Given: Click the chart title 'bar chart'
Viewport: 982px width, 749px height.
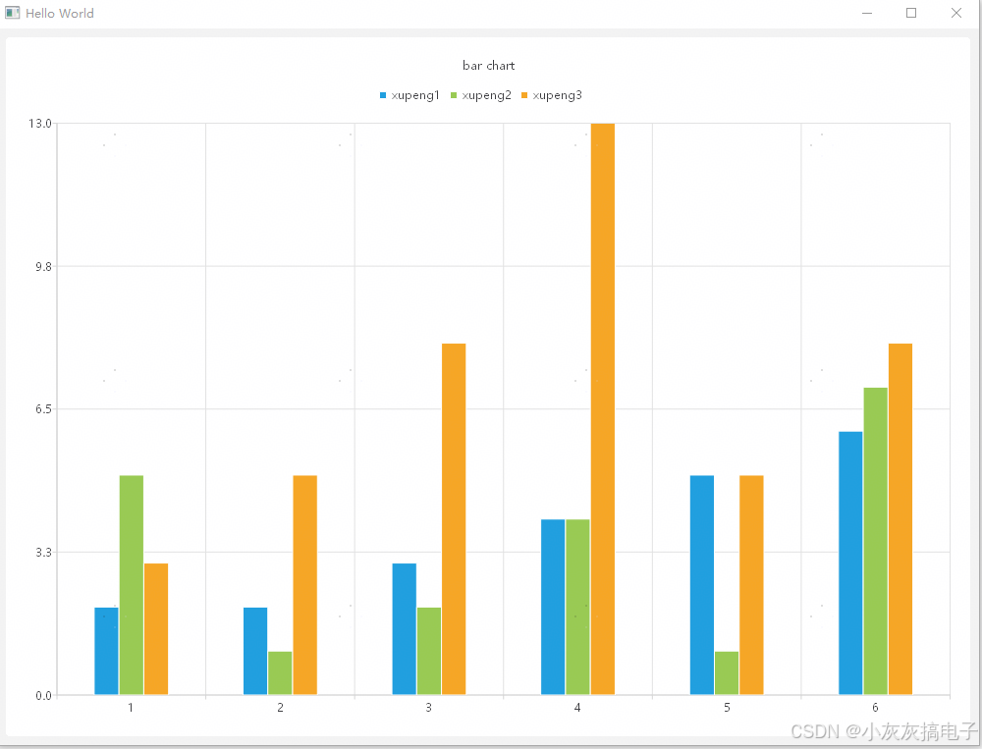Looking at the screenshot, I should click(488, 66).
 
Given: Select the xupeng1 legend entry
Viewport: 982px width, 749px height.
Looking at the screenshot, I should click(409, 95).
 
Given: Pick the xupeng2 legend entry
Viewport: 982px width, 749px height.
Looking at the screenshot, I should click(481, 95).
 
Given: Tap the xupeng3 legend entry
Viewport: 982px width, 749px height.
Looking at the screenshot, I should click(552, 95).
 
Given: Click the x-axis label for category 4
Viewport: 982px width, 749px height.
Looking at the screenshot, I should click(577, 708).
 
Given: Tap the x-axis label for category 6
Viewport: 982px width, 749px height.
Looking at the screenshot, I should click(875, 708).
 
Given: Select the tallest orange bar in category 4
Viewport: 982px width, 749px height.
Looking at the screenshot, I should click(603, 408).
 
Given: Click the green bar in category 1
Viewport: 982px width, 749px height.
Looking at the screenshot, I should click(132, 585).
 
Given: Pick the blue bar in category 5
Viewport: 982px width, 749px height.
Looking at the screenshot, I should click(702, 585).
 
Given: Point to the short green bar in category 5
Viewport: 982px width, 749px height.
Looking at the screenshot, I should click(727, 673).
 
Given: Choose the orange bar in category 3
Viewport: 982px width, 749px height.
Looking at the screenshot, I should click(454, 519).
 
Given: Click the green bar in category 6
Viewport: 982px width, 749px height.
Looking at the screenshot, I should click(876, 541).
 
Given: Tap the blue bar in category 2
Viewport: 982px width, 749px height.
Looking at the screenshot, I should click(255, 651).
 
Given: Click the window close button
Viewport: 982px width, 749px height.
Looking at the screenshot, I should click(956, 13).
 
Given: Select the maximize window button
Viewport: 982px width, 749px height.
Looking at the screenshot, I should click(911, 13).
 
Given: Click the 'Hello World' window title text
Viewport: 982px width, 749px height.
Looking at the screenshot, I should click(60, 14).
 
